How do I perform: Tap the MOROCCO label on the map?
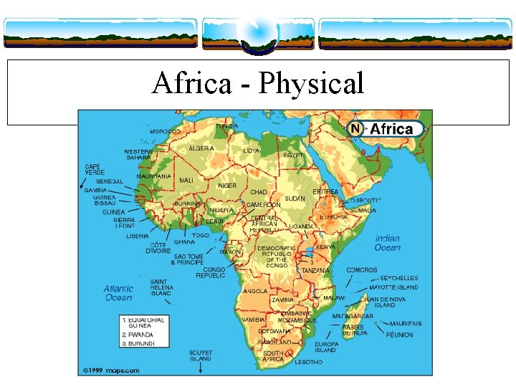(x=165, y=132)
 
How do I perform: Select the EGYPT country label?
(x=293, y=155)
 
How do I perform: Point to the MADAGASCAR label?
(x=353, y=316)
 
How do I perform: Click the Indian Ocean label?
(x=387, y=243)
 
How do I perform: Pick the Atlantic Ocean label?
(x=118, y=292)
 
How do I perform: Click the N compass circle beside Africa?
(x=354, y=129)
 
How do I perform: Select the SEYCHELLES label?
(x=399, y=278)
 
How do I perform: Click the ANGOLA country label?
(x=255, y=292)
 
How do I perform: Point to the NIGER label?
(x=226, y=186)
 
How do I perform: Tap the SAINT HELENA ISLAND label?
(x=161, y=287)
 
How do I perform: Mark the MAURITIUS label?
(x=406, y=323)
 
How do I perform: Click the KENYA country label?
(x=325, y=247)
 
